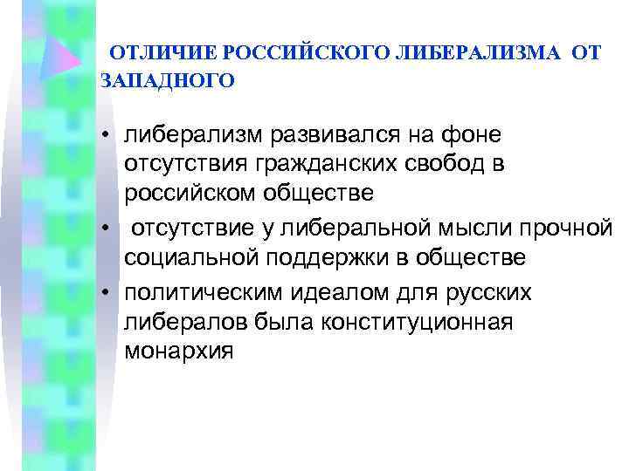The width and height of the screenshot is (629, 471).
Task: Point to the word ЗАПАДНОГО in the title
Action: tap(168, 81)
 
